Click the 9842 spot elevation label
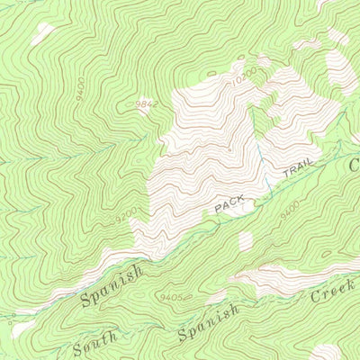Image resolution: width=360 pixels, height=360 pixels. pyautogui.click(x=146, y=105)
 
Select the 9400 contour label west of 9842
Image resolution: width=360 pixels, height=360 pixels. pyautogui.click(x=81, y=88)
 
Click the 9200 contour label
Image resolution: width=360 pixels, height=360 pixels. pyautogui.click(x=126, y=217)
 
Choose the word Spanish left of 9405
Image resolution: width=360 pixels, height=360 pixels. pyautogui.click(x=112, y=286)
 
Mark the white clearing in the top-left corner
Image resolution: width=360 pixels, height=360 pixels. pyautogui.click(x=42, y=34)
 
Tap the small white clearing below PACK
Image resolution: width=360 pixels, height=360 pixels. pyautogui.click(x=246, y=241)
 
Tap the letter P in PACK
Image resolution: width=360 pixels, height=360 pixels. pyautogui.click(x=218, y=209)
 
